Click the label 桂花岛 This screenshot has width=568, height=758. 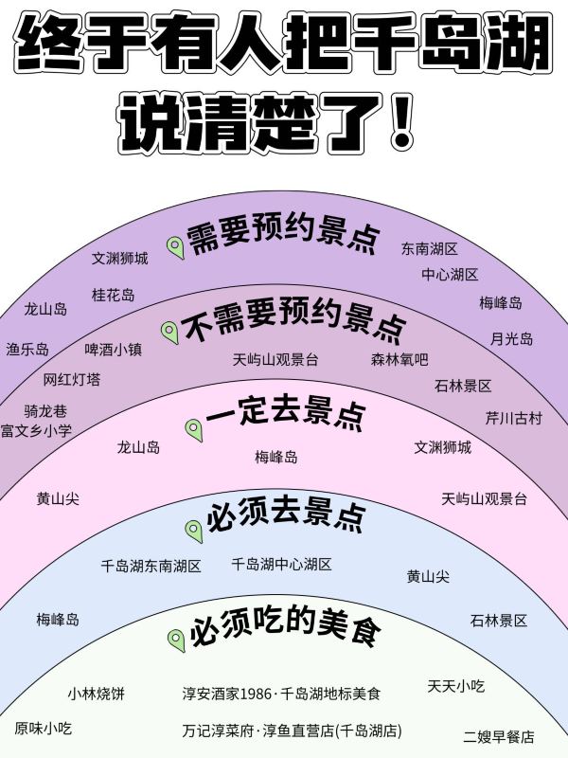[113, 295]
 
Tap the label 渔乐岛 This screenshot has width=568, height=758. [27, 349]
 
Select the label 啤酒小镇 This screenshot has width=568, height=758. [114, 349]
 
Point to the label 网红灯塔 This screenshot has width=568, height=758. [72, 380]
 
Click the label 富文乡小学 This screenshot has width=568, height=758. [36, 430]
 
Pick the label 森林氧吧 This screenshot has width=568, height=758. [399, 359]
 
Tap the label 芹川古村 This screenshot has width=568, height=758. [514, 418]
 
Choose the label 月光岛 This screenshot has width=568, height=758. [511, 339]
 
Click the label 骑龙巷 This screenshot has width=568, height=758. [45, 411]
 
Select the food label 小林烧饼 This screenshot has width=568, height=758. [97, 694]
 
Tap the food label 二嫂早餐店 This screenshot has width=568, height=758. [499, 736]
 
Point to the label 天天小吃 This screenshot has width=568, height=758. [456, 685]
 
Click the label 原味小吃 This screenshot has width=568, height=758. [43, 728]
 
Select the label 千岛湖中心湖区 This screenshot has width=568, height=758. [281, 564]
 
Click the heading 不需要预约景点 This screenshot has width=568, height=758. [293, 320]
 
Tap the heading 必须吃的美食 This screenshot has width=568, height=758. [285, 627]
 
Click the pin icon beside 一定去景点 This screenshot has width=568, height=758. [194, 430]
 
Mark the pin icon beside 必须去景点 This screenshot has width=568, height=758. [194, 532]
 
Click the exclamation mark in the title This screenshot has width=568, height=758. [400, 122]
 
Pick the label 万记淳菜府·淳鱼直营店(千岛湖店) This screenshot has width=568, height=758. [293, 731]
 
